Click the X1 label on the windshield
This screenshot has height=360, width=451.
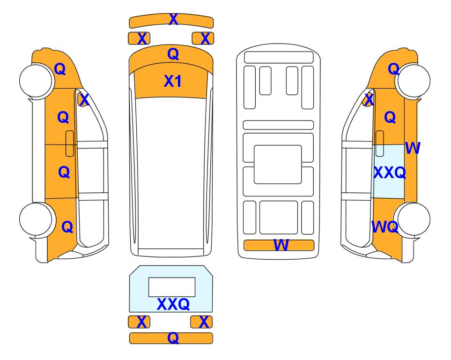[172, 81]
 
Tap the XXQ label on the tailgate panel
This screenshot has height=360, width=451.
[173, 304]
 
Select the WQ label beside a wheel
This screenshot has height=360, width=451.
[385, 227]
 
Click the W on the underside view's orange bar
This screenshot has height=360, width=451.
[281, 245]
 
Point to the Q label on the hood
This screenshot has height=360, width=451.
[173, 54]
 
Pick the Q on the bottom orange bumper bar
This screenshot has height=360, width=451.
[173, 337]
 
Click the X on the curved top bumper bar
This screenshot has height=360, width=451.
[173, 19]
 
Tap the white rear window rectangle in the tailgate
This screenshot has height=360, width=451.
[172, 287]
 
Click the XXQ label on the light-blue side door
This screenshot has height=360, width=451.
[390, 172]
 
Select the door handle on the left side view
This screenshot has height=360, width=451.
[70, 143]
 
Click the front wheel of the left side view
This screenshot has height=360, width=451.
[36, 81]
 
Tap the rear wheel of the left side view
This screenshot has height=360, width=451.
[36, 219]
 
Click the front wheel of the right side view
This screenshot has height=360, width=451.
[414, 81]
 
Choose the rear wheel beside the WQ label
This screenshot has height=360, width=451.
[414, 219]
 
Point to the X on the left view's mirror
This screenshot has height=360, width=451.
[84, 100]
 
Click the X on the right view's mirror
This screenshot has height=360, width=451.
[369, 100]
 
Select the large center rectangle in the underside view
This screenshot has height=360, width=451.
[278, 165]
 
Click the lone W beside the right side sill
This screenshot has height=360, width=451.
[413, 148]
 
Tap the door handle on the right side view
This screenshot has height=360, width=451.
[380, 143]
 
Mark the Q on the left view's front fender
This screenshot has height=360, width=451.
[60, 69]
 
